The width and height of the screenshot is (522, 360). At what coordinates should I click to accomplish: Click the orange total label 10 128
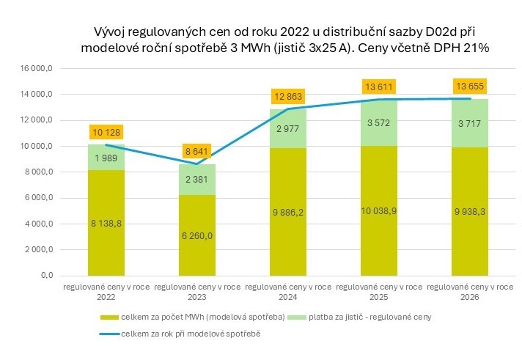coord(106,133)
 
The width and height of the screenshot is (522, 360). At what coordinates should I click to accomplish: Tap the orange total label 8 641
coord(197,152)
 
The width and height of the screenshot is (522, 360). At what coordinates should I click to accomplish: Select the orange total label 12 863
coord(288,96)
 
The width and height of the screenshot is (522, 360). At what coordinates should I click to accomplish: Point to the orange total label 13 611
coord(378,87)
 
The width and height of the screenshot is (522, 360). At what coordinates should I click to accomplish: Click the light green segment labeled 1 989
coord(106,158)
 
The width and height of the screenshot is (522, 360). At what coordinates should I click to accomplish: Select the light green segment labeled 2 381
coord(197,180)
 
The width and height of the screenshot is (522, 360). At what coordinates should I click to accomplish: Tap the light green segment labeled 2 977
coord(288,129)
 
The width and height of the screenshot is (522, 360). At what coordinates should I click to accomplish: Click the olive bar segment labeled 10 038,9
coord(378,210)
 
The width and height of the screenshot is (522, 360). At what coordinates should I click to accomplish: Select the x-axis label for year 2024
coord(288,293)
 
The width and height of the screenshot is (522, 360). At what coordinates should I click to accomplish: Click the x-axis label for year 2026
coord(468,293)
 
